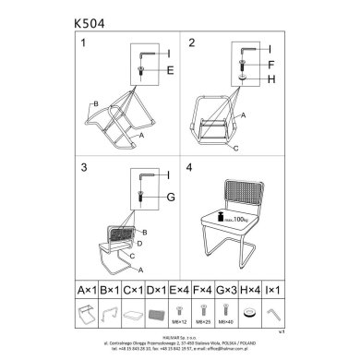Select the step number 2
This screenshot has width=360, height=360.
click(x=192, y=44)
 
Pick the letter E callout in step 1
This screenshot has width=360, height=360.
click(x=171, y=69)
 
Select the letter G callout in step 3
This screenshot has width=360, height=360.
click(x=171, y=196)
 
